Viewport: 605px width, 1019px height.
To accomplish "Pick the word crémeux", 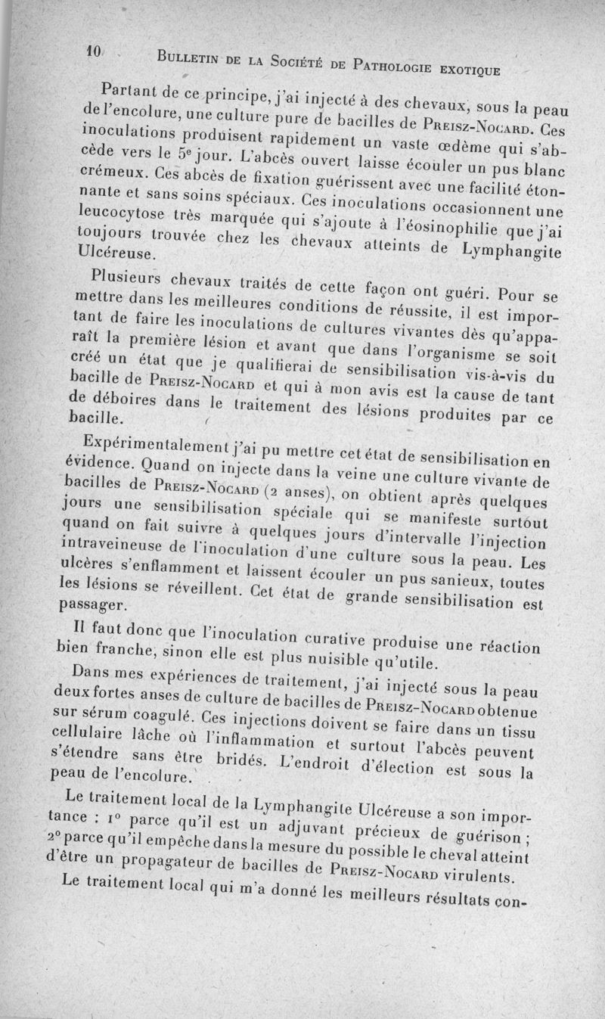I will click(x=106, y=168).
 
